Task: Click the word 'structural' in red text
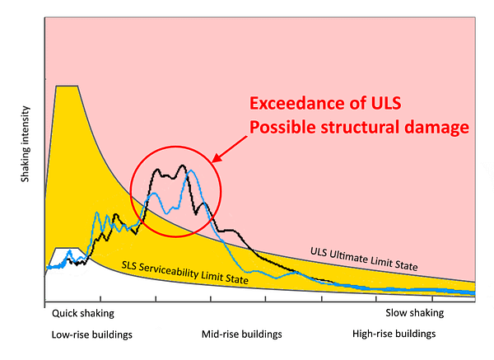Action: [360, 127]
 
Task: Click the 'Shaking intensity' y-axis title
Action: [25, 144]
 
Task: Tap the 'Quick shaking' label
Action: [83, 313]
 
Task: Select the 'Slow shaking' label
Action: [415, 313]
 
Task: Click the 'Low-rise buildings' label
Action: [91, 334]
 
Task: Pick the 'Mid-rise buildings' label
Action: [241, 334]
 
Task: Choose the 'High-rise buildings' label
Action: [394, 334]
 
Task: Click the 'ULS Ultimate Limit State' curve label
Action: [364, 259]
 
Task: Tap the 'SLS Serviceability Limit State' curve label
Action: [185, 273]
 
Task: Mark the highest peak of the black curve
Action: [183, 166]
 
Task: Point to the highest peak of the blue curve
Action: [191, 171]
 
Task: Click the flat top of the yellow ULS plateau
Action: [67, 86]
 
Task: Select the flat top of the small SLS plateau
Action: [67, 249]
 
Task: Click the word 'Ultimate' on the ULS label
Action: [348, 257]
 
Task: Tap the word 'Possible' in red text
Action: [282, 127]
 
